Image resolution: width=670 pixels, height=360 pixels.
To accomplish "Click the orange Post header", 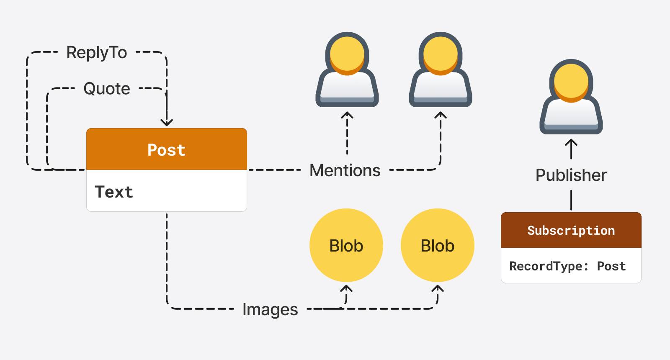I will (x=166, y=149).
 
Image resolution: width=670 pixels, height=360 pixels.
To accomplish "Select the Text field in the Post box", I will (x=114, y=192).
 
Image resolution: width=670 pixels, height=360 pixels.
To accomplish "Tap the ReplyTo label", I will (x=97, y=53).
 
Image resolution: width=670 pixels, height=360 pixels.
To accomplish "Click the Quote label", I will (x=107, y=89).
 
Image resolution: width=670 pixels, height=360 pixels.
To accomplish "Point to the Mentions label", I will (x=345, y=170).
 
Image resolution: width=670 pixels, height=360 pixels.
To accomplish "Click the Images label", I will (x=270, y=309).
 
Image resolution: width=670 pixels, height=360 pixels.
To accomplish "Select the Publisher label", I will (x=571, y=175).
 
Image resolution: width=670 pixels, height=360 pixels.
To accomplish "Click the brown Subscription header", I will (x=571, y=230).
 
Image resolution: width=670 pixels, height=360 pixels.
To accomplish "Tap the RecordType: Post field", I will (x=567, y=266).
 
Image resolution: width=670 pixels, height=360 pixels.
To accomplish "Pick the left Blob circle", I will (x=346, y=245).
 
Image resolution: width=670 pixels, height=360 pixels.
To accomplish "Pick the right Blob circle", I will (x=438, y=245).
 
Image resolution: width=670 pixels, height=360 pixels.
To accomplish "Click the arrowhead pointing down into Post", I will (x=167, y=123).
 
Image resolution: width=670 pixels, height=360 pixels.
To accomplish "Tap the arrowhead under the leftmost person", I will (x=347, y=115).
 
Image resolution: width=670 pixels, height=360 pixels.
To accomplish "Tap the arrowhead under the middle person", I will (x=441, y=115).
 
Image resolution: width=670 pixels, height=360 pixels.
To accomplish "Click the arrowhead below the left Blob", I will (x=346, y=288).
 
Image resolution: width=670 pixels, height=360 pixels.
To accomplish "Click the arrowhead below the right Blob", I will (x=438, y=288).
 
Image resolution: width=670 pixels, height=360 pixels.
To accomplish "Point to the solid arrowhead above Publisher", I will (x=571, y=143).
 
